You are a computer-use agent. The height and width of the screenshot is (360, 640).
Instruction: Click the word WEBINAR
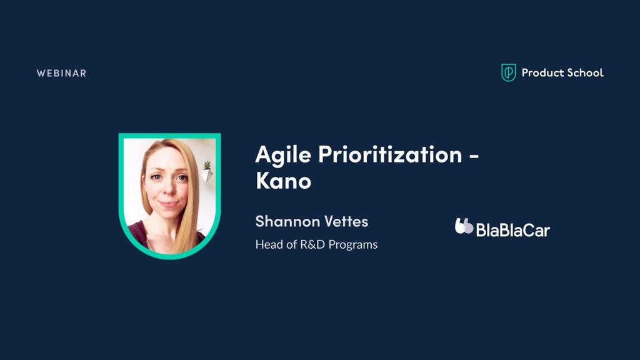click(61, 74)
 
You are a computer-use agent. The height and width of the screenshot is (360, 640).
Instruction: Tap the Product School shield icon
click(508, 72)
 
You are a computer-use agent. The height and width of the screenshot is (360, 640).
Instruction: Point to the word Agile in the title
click(283, 155)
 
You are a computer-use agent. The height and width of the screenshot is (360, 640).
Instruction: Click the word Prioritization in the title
click(390, 154)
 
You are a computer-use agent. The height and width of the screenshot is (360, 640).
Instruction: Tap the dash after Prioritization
click(474, 156)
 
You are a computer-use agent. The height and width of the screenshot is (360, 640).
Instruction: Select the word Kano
click(283, 181)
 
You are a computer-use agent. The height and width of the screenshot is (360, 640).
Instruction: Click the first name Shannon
click(282, 221)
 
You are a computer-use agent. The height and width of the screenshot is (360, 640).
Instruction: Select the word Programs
click(353, 245)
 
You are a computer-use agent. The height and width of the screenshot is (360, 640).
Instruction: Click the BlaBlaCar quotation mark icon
click(464, 226)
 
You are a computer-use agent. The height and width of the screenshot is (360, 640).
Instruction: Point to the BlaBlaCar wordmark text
click(513, 230)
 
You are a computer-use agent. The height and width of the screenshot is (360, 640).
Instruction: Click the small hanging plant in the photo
click(207, 171)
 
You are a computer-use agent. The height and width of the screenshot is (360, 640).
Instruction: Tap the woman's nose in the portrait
click(167, 189)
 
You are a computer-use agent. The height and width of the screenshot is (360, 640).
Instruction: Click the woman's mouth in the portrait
click(169, 203)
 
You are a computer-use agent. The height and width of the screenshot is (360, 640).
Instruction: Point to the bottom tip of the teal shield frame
click(170, 259)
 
